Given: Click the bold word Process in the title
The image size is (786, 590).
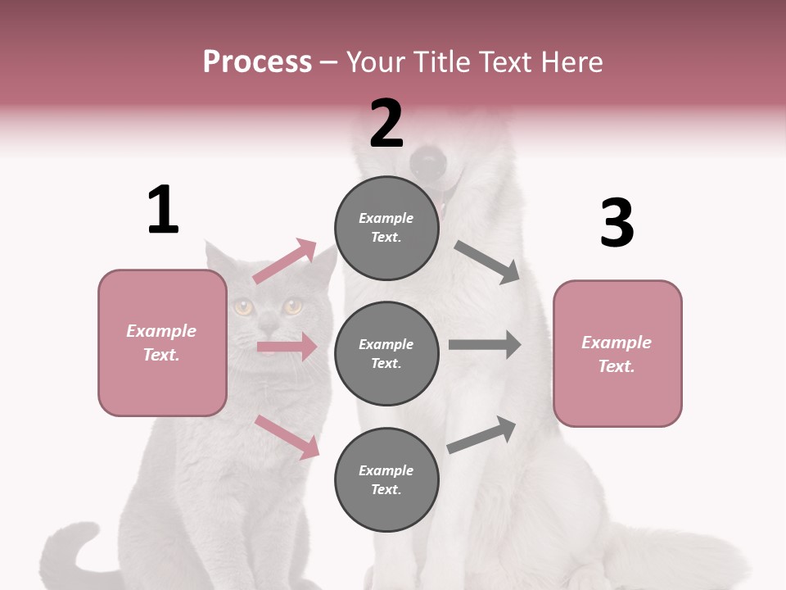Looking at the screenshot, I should click(257, 61).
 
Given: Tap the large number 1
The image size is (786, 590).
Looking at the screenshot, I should click(163, 210).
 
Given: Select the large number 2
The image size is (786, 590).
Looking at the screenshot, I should click(386, 123).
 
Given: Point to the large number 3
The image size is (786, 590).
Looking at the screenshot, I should click(617, 223).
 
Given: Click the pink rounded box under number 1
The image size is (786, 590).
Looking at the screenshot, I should click(162, 343).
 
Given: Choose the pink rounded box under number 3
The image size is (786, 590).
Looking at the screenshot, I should click(617, 353).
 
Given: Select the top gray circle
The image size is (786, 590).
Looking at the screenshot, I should click(386, 228).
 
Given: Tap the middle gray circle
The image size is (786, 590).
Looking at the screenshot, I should click(386, 353).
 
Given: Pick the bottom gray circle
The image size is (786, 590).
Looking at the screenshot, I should click(386, 479).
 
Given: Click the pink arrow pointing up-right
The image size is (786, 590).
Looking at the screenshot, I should click(285, 261).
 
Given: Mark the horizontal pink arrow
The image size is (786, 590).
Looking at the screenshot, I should click(287, 347).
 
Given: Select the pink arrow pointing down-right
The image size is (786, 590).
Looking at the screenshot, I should click(287, 437).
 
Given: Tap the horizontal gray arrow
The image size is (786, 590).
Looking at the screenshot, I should click(485, 344).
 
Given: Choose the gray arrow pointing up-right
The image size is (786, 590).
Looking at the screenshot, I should click(482, 434).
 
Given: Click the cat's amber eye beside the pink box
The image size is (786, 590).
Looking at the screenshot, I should click(243, 307).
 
